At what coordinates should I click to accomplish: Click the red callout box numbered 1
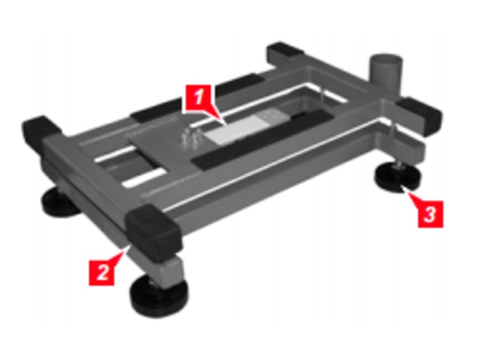pyautogui.click(x=199, y=98)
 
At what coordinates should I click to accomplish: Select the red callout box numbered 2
pyautogui.click(x=102, y=272)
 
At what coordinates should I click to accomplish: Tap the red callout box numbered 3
pyautogui.click(x=430, y=214)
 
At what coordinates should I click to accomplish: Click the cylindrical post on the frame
pyautogui.click(x=386, y=74)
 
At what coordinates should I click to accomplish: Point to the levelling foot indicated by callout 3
pyautogui.click(x=397, y=178)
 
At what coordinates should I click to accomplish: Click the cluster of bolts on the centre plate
pyautogui.click(x=191, y=138)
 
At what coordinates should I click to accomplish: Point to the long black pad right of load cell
pyautogui.click(x=261, y=140)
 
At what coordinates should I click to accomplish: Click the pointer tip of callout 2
pyautogui.click(x=125, y=250)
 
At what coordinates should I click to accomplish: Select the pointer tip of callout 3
pyautogui.click(x=404, y=190)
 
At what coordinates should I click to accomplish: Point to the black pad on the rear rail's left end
pyautogui.click(x=156, y=111)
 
